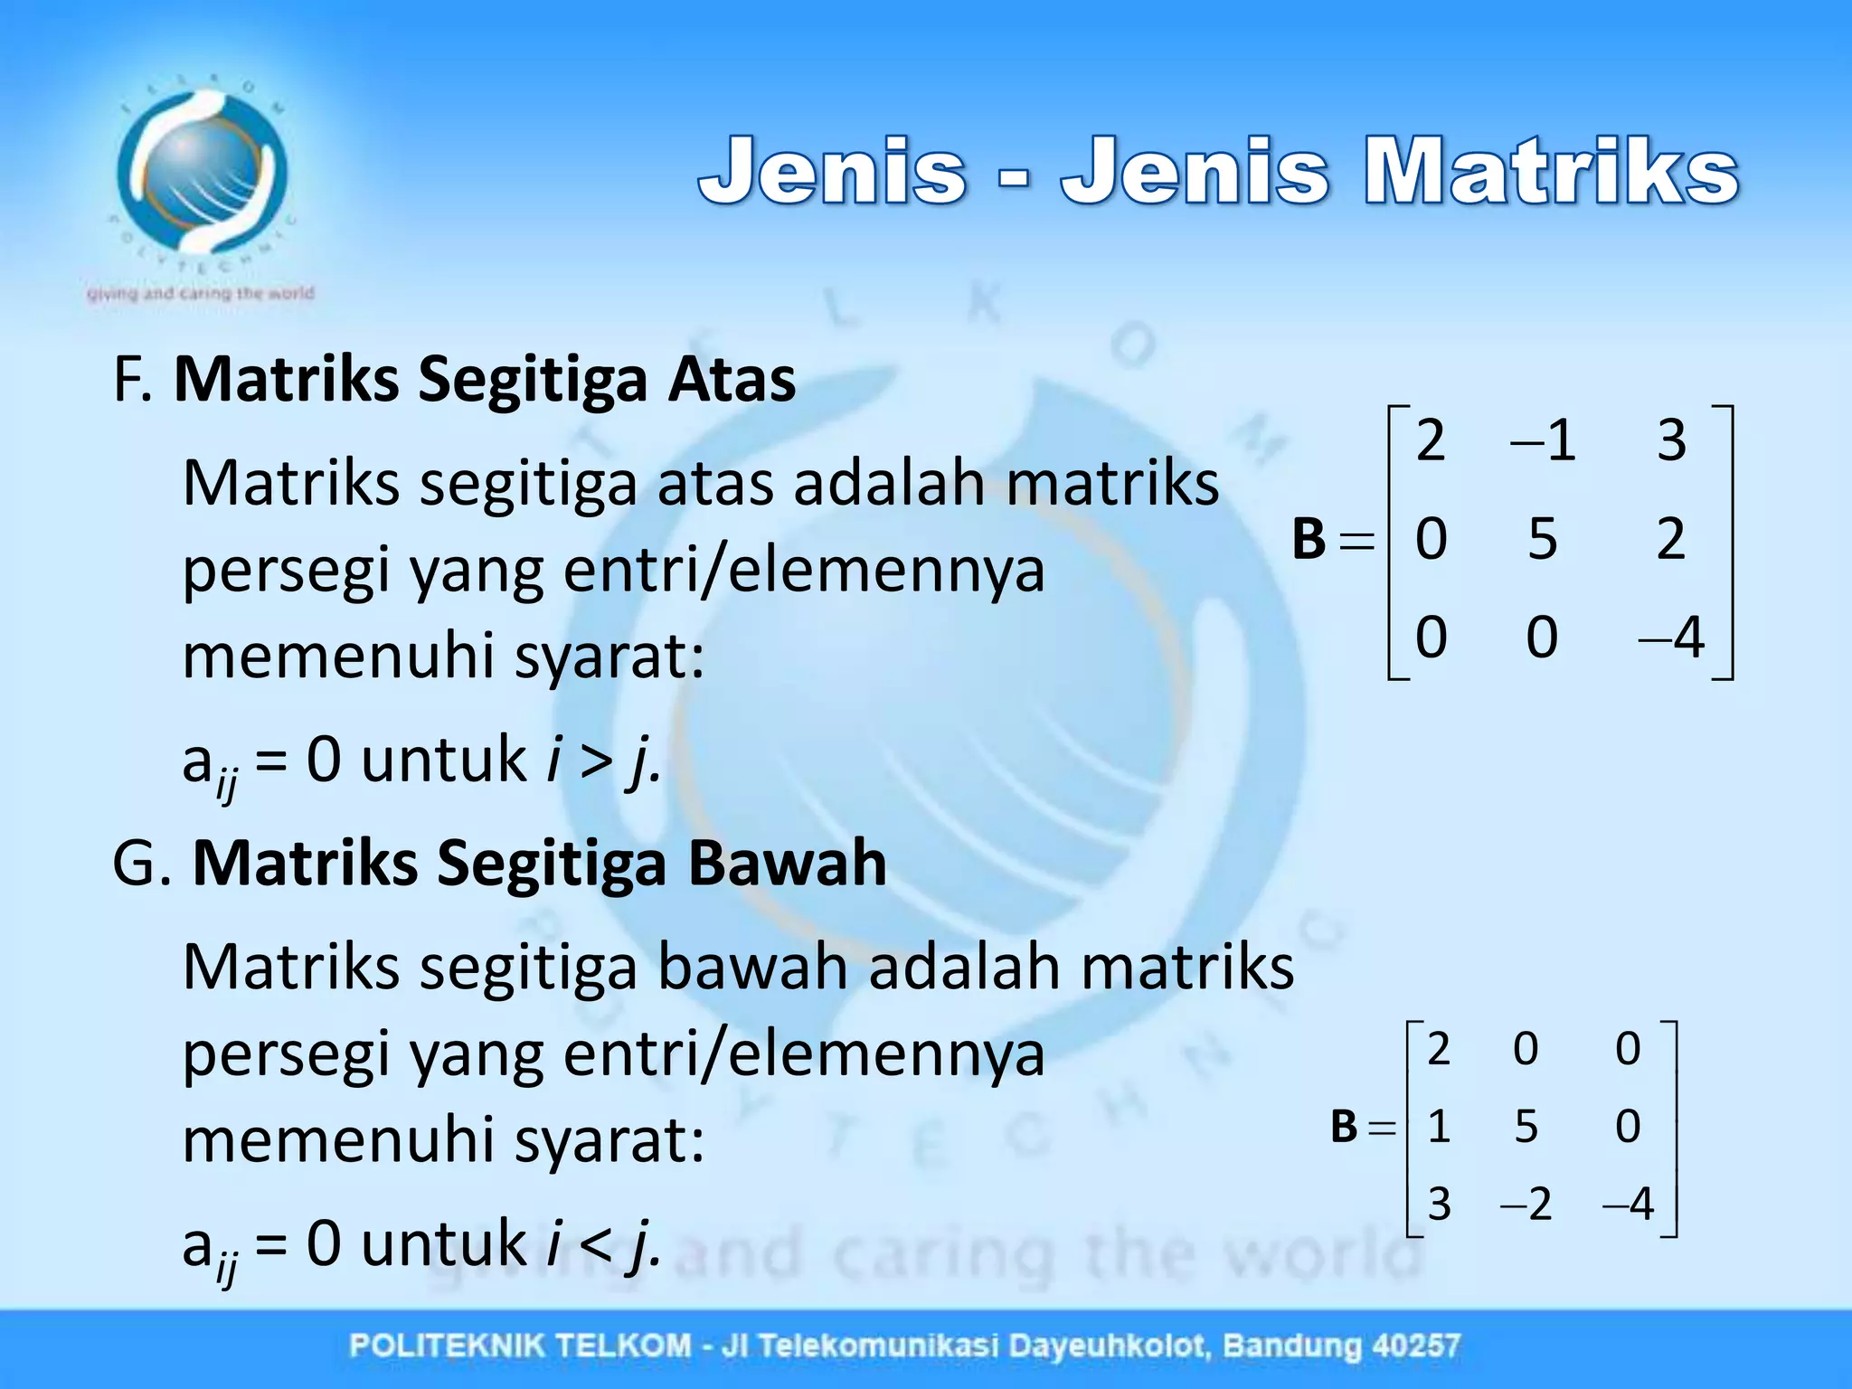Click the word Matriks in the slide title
[1551, 171]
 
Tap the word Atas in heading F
[732, 379]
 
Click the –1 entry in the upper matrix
[1544, 441]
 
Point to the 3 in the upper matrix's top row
[1671, 441]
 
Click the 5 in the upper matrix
[1543, 539]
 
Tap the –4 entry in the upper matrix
[1671, 638]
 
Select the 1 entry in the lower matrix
[1439, 1127]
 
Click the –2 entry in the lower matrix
[1526, 1205]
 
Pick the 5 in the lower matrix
[1526, 1127]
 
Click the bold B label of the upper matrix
[1309, 539]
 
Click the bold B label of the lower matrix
[1345, 1127]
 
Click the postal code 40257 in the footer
[1416, 1346]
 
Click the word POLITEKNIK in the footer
[445, 1346]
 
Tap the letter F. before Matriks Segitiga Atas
[132, 380]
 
